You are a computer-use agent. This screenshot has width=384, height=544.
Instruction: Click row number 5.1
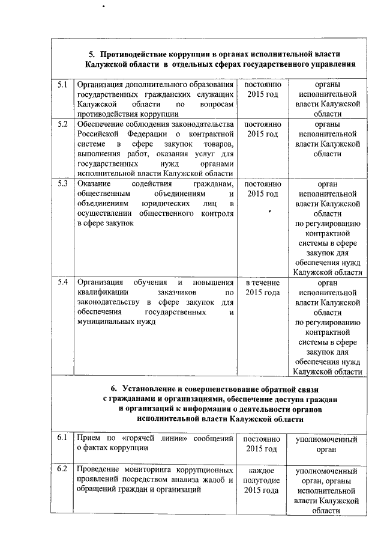(x=62, y=85)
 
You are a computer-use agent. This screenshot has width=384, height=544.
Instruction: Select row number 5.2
(x=62, y=124)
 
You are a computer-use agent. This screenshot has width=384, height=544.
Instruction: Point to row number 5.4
(x=62, y=283)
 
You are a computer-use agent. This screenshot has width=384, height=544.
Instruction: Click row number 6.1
(x=62, y=438)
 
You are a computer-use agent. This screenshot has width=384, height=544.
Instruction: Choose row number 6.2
(x=62, y=469)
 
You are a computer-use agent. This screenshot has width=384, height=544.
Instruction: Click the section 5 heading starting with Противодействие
(x=216, y=58)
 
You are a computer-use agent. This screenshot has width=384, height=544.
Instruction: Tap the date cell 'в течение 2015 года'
(x=263, y=288)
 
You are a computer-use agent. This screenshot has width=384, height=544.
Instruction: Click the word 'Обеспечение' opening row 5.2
(x=103, y=124)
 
